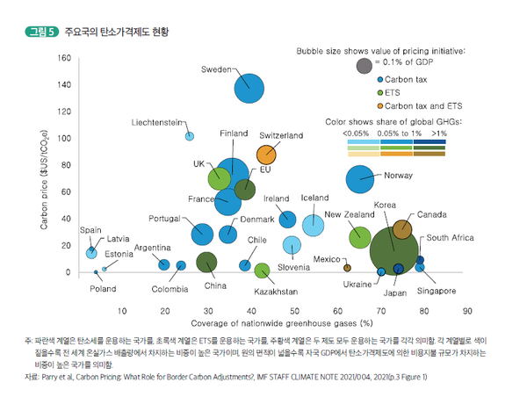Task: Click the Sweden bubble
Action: [251, 88]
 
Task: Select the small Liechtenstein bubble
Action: [189, 136]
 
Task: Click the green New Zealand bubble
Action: [359, 236]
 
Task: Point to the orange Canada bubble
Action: [402, 229]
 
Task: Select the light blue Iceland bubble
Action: [314, 225]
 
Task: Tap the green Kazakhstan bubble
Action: [261, 271]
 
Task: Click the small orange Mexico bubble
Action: [347, 267]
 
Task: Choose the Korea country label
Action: [386, 204]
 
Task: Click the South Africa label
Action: [451, 237]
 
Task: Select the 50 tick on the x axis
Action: [294, 310]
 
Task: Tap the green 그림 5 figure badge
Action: [40, 32]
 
